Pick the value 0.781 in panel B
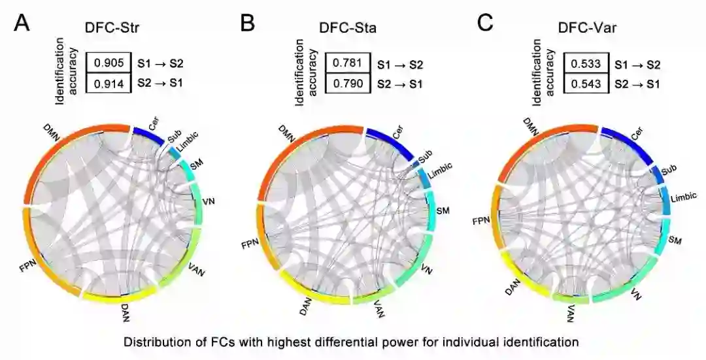coord(346,64)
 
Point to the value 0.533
coord(585,64)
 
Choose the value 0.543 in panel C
coord(585,84)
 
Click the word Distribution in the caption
coord(158,341)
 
